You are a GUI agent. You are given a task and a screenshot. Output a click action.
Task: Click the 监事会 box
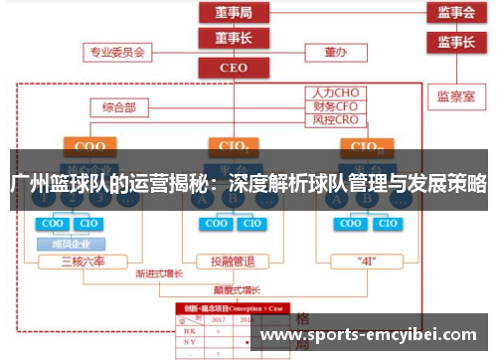coord(456,13)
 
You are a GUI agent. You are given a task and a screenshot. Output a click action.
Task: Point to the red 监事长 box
coord(456,42)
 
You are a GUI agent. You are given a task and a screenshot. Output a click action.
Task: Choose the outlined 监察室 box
coord(456,97)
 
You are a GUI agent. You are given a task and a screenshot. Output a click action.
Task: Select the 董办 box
coord(334,51)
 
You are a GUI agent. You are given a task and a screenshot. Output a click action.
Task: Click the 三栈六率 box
coord(83,262)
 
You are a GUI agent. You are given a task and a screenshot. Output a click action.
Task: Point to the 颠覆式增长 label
coord(237,289)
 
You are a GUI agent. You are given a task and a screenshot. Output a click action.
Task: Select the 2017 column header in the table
coord(218,321)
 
